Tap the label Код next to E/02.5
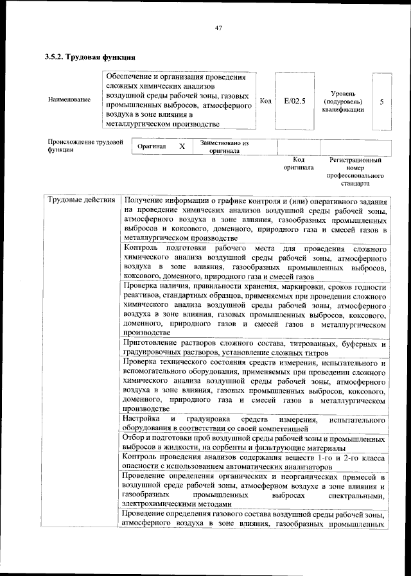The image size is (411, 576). pyautogui.click(x=265, y=101)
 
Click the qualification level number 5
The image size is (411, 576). pyautogui.click(x=381, y=101)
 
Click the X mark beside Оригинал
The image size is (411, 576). pyautogui.click(x=182, y=146)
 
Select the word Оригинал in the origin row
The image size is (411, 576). pyautogui.click(x=152, y=147)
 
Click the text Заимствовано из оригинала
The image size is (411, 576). pyautogui.click(x=224, y=147)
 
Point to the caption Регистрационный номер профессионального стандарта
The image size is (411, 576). pyautogui.click(x=355, y=171)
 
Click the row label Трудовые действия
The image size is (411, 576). pyautogui.click(x=81, y=200)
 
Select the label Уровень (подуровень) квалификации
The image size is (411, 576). pyautogui.click(x=343, y=101)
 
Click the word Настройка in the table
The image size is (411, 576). pyautogui.click(x=141, y=419)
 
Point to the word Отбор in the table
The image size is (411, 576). pyautogui.click(x=134, y=438)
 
